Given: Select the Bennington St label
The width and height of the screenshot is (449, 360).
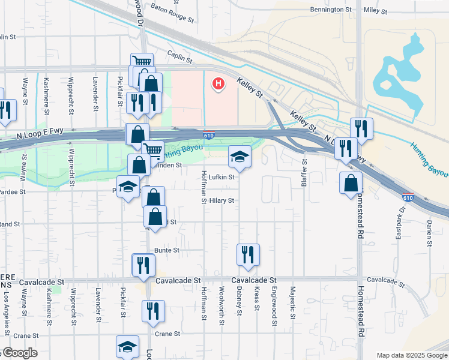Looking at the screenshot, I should coord(331,10).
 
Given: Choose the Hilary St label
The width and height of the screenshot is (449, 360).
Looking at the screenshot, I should coord(221,201).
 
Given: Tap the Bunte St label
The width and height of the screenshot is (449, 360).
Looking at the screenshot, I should coord(167,250).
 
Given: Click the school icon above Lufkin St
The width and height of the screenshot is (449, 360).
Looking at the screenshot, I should coord(240,157).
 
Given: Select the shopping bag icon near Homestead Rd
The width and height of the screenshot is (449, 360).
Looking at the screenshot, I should coord(351,183).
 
